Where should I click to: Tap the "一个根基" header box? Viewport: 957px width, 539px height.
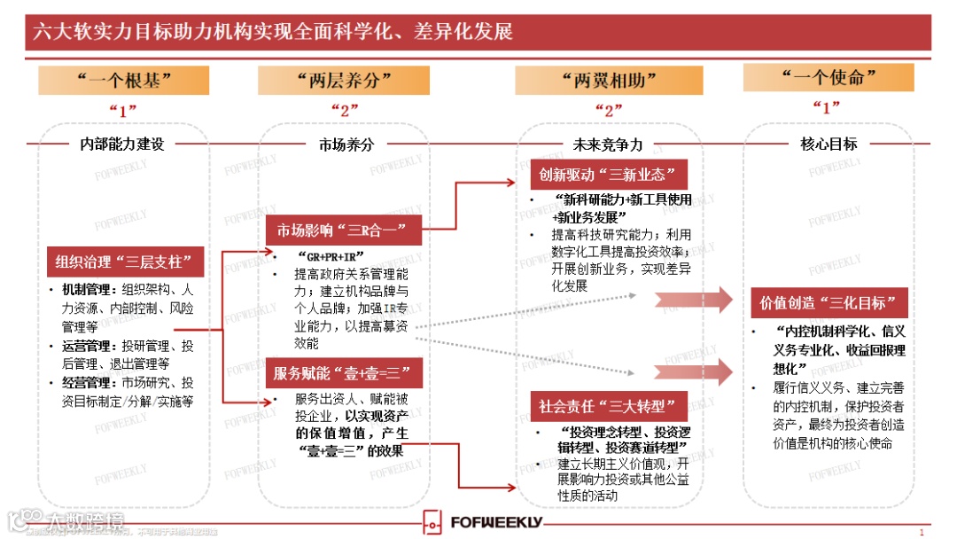pyautogui.click(x=123, y=80)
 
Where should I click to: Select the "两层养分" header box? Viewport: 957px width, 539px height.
pyautogui.click(x=345, y=80)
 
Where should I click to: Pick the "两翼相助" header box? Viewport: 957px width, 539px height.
pyautogui.click(x=609, y=80)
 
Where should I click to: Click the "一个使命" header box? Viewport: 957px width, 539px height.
pyautogui.click(x=828, y=78)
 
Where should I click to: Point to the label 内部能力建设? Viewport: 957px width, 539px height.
pyautogui.click(x=122, y=144)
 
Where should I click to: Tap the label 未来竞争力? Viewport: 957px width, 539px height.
pyautogui.click(x=608, y=144)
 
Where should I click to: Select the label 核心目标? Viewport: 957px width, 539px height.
pyautogui.click(x=829, y=144)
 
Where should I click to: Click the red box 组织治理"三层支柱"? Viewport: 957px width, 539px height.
pyautogui.click(x=125, y=262)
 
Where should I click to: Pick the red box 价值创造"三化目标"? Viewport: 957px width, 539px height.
pyautogui.click(x=829, y=302)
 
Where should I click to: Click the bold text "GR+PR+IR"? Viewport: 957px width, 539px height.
pyautogui.click(x=331, y=256)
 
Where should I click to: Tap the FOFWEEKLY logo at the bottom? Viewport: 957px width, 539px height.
pyautogui.click(x=483, y=521)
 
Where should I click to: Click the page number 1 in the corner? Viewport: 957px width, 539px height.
pyautogui.click(x=922, y=532)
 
